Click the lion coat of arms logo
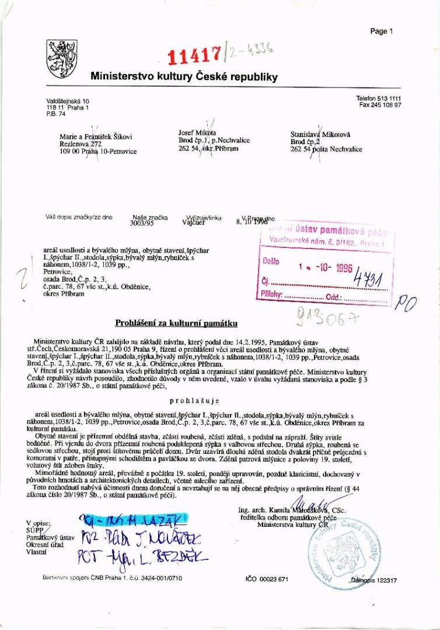(61, 59)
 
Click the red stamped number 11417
(193, 55)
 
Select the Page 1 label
(382, 32)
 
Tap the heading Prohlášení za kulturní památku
(176, 323)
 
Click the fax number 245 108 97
(380, 106)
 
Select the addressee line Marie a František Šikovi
(96, 137)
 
